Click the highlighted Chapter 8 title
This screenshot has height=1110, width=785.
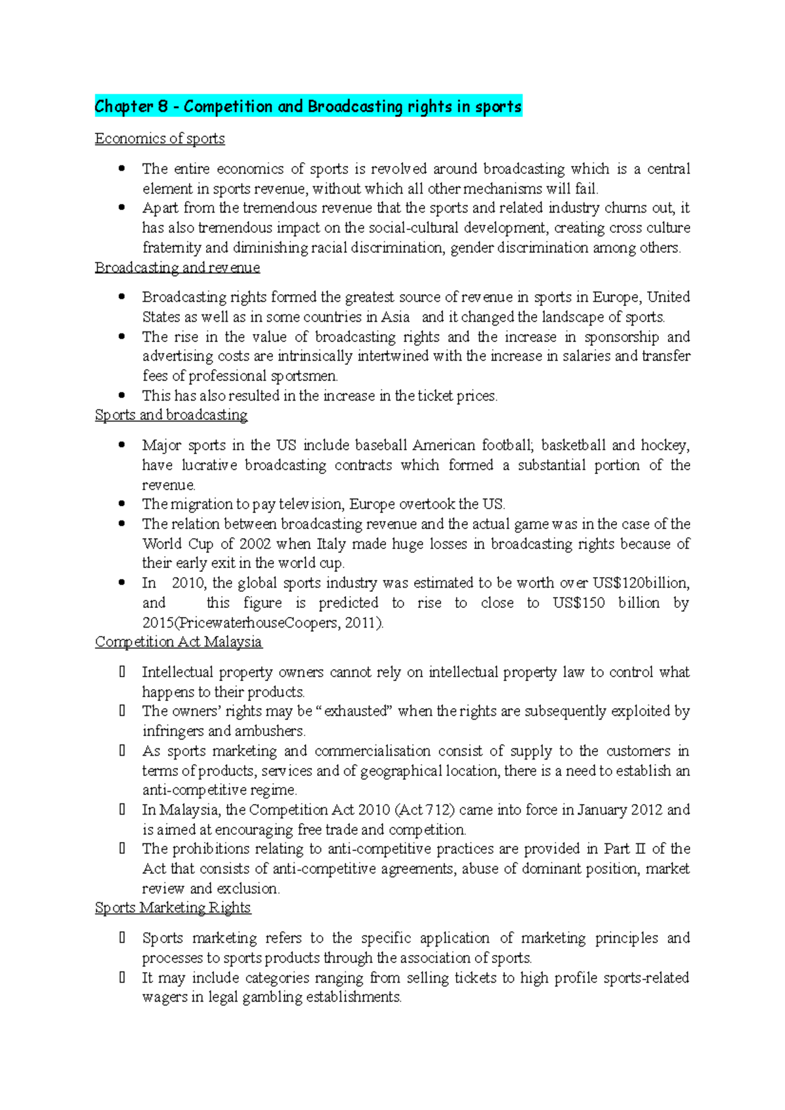[308, 107]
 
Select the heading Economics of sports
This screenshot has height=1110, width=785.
[160, 139]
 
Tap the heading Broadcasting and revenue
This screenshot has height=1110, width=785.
[177, 267]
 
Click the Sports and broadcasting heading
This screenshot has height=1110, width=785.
[171, 415]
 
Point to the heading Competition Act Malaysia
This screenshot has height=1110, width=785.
[179, 642]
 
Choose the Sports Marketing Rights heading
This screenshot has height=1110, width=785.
[173, 908]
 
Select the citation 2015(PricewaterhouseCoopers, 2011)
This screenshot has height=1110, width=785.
[263, 622]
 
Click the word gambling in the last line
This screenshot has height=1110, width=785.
[271, 998]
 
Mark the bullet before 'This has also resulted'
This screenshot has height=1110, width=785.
[122, 395]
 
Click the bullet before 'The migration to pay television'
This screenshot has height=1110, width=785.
[122, 504]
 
